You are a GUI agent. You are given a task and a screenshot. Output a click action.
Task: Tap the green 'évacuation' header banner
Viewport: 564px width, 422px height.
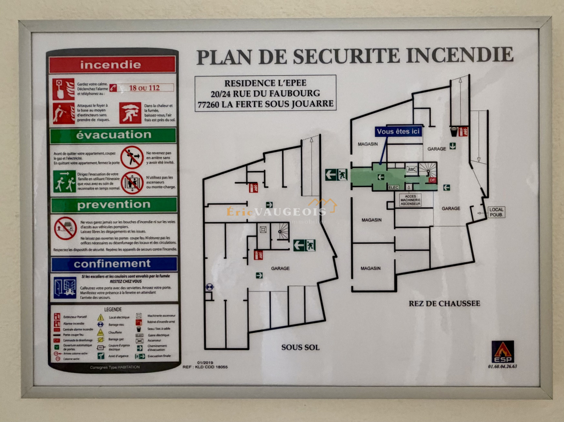click(113, 135)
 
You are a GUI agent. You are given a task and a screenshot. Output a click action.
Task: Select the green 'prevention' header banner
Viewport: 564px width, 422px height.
click(114, 204)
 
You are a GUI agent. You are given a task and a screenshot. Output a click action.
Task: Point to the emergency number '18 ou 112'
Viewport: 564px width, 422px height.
click(144, 88)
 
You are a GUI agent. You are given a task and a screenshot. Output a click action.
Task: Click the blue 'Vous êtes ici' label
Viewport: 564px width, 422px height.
click(398, 132)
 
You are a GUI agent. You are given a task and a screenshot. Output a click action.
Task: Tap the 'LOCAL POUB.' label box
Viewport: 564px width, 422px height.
click(496, 212)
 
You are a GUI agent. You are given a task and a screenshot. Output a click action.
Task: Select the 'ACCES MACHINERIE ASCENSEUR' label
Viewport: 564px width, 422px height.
click(410, 200)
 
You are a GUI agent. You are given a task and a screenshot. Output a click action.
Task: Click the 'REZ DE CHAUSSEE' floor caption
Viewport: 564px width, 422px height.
click(444, 303)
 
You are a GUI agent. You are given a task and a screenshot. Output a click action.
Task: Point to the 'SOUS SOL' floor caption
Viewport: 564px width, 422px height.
click(300, 347)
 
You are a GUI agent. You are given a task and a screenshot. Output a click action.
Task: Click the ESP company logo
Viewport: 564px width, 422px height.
click(503, 352)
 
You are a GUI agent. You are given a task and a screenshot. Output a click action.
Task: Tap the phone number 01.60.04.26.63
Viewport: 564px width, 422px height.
click(503, 366)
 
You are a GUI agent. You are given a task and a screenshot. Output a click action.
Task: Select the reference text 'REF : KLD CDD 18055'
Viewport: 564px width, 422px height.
click(205, 367)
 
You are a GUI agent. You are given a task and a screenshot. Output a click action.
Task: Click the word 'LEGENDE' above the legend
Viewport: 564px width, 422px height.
click(113, 309)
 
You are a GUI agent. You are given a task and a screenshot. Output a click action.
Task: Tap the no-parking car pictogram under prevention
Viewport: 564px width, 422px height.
click(65, 228)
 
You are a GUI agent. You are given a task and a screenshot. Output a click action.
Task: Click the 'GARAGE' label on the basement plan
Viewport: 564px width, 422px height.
click(280, 268)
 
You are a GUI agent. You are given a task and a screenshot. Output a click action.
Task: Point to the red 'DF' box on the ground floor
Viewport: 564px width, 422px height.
click(433, 180)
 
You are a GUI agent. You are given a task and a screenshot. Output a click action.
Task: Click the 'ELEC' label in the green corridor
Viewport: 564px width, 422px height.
click(393, 188)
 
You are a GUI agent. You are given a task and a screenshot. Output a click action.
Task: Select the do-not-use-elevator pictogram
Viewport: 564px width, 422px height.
click(132, 183)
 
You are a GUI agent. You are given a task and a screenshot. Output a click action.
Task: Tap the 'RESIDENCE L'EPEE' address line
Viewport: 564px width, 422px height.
click(265, 83)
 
